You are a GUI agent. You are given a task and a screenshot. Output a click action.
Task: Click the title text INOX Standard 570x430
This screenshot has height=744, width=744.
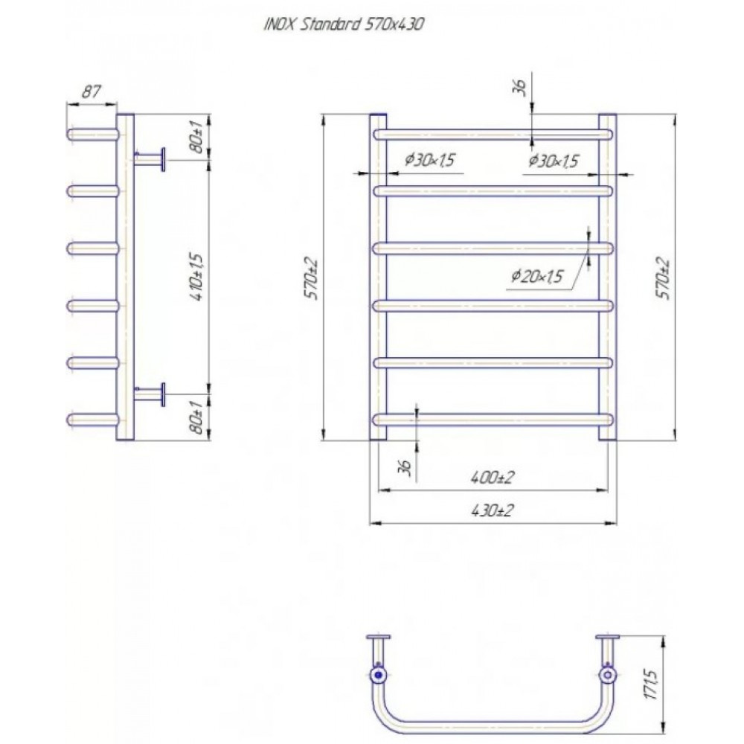point(344,25)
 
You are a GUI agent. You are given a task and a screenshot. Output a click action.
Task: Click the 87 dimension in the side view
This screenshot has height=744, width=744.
point(91,91)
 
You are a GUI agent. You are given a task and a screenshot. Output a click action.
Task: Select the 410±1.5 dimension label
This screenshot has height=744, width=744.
point(197,278)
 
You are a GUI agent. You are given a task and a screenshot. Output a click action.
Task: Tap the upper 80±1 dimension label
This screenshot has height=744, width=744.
point(197,137)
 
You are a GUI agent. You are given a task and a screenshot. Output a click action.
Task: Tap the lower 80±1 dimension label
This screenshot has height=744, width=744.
point(197,417)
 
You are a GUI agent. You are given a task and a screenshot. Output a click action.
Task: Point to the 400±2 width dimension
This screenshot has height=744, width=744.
point(493,478)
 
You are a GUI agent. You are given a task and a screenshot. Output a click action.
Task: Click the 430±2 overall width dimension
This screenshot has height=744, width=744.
point(493,511)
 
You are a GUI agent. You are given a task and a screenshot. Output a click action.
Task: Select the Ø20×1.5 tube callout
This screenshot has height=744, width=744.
point(536,275)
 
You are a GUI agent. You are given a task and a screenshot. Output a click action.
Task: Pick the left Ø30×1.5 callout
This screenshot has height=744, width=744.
point(429,160)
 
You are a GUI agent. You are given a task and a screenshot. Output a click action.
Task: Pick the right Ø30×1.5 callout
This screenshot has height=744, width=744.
point(554,161)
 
